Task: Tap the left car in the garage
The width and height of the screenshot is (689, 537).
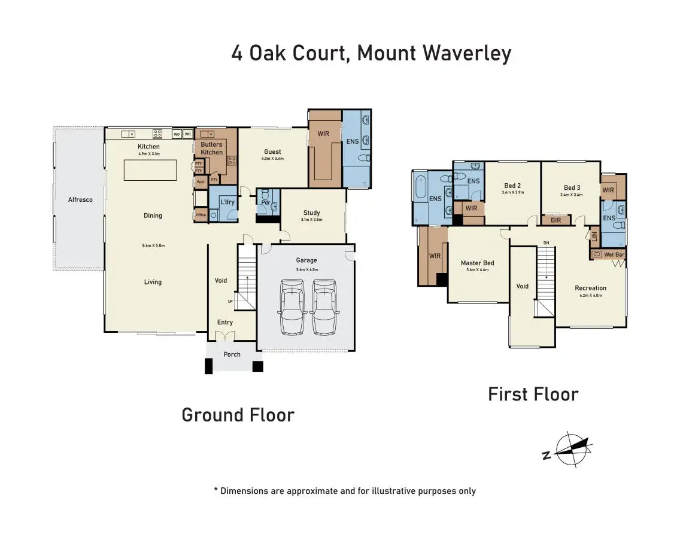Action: point(291,310)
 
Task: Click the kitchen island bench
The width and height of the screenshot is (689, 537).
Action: point(150,170)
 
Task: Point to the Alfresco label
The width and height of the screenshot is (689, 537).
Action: point(80,199)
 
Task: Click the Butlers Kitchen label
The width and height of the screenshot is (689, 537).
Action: point(211,148)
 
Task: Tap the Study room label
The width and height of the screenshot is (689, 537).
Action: point(311,213)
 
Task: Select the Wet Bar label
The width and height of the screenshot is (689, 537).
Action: point(614,254)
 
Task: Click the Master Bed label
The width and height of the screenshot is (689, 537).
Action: point(477,263)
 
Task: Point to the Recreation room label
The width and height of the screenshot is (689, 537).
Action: point(590,288)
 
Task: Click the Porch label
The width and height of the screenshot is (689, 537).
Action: point(232,354)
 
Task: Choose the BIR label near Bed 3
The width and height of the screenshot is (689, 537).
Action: point(556,220)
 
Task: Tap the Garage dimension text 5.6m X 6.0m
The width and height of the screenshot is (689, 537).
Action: point(306,269)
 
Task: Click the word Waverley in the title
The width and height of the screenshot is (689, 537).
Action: point(467,53)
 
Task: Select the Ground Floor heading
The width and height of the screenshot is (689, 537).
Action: point(238,415)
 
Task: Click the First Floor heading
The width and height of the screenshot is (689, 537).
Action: point(533,394)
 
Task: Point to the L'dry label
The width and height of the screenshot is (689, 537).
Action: point(227,202)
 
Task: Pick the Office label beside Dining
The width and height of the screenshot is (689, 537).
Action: point(201,215)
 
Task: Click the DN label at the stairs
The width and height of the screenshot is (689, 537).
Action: point(546,242)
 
